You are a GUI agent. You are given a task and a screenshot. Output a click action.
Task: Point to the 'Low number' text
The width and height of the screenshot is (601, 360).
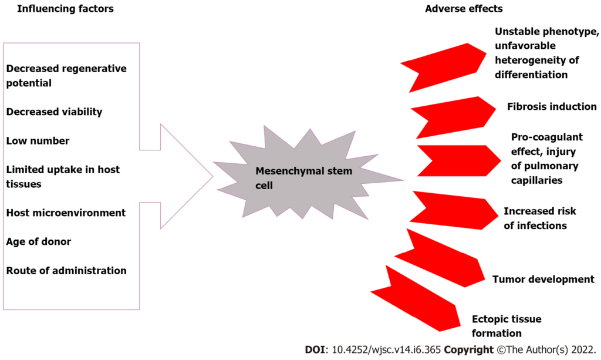pos(38,141)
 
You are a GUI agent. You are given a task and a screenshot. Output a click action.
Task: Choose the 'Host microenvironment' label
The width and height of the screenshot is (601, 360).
pos(66,213)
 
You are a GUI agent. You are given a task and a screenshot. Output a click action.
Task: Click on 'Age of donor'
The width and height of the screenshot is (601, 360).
pos(39,241)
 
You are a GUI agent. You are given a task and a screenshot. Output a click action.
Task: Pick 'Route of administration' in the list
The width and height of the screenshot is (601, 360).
pos(66,271)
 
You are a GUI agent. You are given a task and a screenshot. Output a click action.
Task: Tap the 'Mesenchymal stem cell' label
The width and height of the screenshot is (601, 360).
pos(304,177)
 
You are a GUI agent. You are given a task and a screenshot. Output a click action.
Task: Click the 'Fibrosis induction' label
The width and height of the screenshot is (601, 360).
pos(552,107)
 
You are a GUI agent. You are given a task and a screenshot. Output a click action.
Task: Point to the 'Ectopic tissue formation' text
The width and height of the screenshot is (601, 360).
pos(507,326)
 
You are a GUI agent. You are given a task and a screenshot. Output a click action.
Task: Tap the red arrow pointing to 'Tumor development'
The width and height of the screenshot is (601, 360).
pos(440,258)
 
